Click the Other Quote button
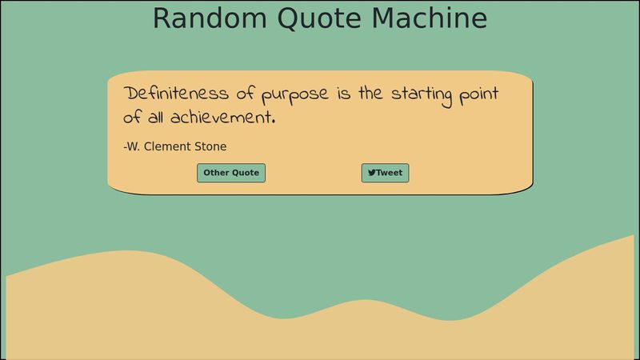click(x=231, y=173)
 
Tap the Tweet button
click(x=385, y=173)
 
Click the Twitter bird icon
click(x=372, y=173)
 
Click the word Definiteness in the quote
click(x=177, y=94)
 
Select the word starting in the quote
click(x=422, y=94)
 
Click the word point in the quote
click(x=478, y=94)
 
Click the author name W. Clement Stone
click(x=175, y=146)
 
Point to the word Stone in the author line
click(x=211, y=146)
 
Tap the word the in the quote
click(x=370, y=94)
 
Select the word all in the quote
click(x=156, y=118)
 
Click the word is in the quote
click(x=344, y=94)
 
